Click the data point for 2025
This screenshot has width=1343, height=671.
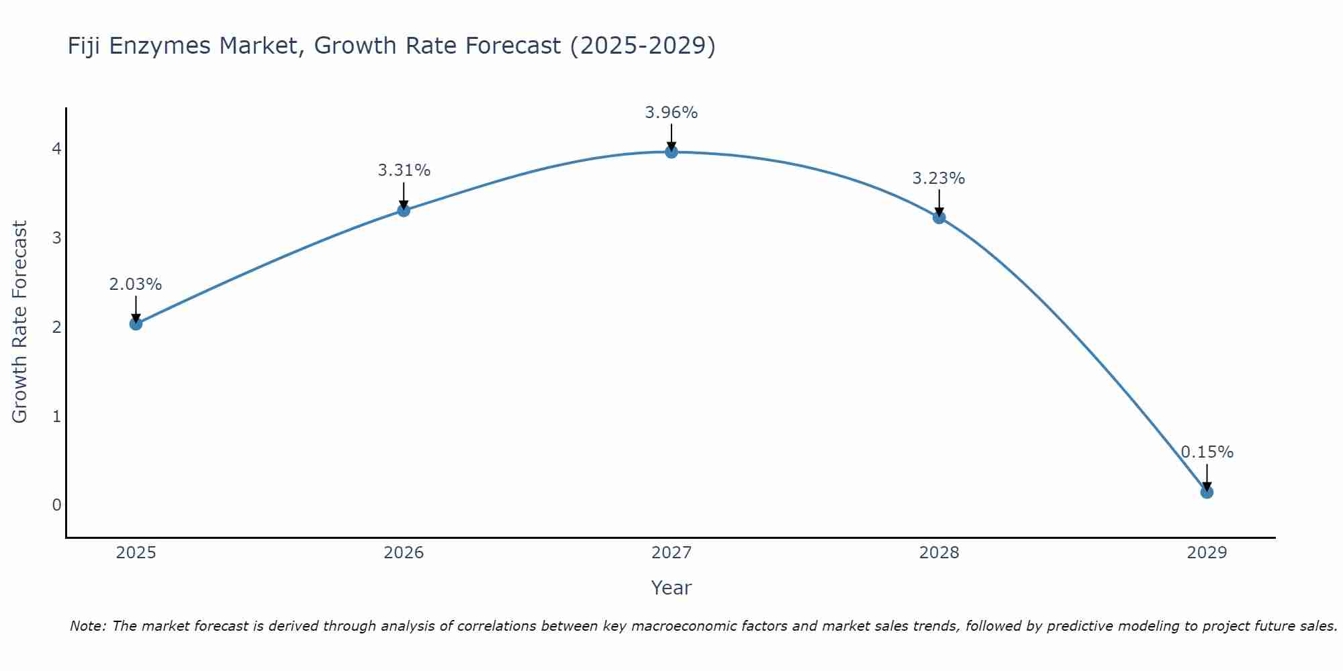point(136,324)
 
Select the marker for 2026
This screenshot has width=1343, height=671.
point(404,210)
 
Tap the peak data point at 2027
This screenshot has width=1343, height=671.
point(671,152)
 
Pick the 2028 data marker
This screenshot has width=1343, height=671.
point(939,217)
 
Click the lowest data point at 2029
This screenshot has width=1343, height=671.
point(1207,492)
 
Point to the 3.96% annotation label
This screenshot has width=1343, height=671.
point(671,113)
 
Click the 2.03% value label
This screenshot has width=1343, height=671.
point(136,285)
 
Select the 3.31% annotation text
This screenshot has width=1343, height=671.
point(404,170)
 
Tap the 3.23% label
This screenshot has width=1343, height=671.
point(939,178)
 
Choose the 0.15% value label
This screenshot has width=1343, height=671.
point(1207,452)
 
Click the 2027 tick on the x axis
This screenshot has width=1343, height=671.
point(671,553)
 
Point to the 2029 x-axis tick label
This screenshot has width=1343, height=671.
point(1207,553)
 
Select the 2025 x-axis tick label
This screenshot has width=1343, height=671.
point(136,553)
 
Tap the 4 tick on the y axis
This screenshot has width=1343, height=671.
point(56,148)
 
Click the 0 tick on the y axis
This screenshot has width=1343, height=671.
point(56,505)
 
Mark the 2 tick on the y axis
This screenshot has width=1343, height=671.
point(56,327)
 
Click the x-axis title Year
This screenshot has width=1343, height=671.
point(671,588)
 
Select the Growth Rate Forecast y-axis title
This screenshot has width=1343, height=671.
point(19,322)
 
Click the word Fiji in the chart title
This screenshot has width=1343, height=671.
point(85,46)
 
